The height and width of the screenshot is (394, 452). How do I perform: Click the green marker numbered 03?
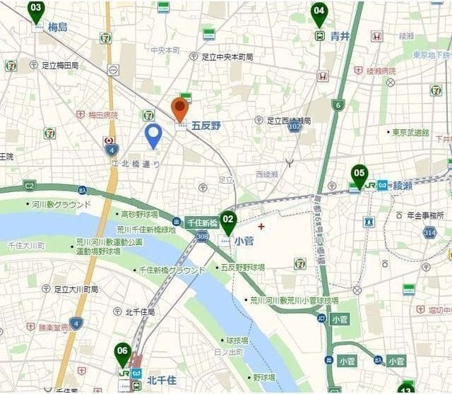pyautogui.click(x=36, y=10)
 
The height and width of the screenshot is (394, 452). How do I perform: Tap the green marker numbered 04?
pyautogui.click(x=319, y=12)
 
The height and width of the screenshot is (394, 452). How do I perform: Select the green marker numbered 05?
pyautogui.click(x=359, y=174)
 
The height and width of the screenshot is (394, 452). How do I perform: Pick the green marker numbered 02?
pyautogui.click(x=227, y=220)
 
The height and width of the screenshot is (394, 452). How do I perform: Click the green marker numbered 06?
pyautogui.click(x=123, y=352)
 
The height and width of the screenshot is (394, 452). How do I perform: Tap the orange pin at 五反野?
pyautogui.click(x=180, y=109)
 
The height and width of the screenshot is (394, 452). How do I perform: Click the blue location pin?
pyautogui.click(x=153, y=135)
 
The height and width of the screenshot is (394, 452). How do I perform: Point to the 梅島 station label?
pyautogui.click(x=58, y=28)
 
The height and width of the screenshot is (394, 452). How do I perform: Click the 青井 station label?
pyautogui.click(x=340, y=36)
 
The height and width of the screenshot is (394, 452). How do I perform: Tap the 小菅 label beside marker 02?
pyautogui.click(x=244, y=240)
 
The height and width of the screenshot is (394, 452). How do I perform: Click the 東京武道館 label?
pyautogui.click(x=410, y=132)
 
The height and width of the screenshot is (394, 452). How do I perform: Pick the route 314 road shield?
pyautogui.click(x=429, y=232)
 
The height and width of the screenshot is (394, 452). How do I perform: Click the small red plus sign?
pyautogui.click(x=262, y=227)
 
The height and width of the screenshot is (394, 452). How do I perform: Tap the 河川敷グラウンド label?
pyautogui.click(x=61, y=205)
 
